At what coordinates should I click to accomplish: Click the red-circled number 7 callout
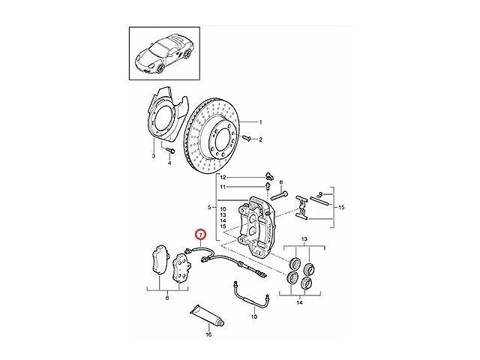point(201,235)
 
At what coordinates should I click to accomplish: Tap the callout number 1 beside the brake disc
point(260,122)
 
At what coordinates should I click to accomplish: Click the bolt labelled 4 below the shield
point(170,151)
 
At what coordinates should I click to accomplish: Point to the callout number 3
point(154,156)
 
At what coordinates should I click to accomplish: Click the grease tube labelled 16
point(207,316)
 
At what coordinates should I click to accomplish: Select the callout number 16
point(208,334)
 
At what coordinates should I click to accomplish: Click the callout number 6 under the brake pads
point(167,298)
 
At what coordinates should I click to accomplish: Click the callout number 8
point(281,182)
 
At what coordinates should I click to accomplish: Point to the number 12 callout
point(223,178)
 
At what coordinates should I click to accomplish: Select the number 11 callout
point(223,187)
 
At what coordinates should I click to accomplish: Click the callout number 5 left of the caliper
point(209,208)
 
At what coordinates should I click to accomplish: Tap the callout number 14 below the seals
point(299,303)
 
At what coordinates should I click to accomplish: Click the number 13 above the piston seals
point(304,238)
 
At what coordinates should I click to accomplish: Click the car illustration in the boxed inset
point(164,53)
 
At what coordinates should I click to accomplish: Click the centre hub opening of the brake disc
point(224,140)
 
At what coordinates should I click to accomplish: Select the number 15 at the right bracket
point(341,207)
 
